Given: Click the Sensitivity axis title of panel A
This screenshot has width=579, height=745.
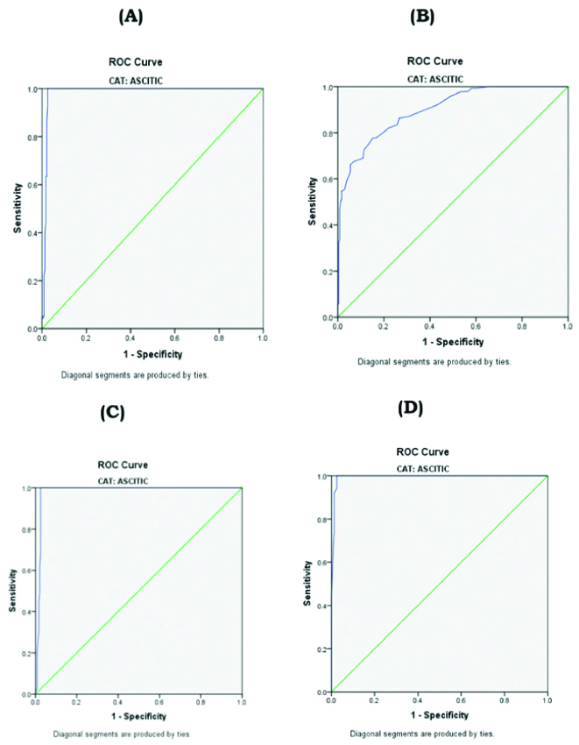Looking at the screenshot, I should click(x=17, y=208).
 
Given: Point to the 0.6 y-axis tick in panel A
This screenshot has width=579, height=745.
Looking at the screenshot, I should click(x=32, y=185).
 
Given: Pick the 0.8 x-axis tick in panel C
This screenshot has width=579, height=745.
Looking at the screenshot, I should click(x=201, y=702).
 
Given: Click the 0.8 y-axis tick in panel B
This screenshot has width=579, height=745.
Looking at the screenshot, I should click(x=327, y=134).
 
